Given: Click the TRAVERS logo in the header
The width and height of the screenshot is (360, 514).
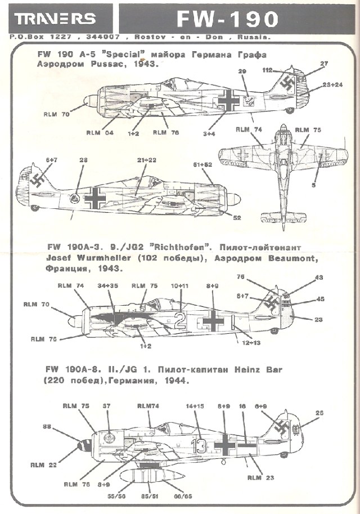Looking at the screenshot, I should coord(55,19).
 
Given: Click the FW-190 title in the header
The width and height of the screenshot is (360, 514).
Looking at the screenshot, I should coord(227,19).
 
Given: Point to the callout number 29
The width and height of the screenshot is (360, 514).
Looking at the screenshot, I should coord(243,72).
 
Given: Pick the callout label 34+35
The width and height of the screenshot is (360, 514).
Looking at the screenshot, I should coord(108,286).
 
